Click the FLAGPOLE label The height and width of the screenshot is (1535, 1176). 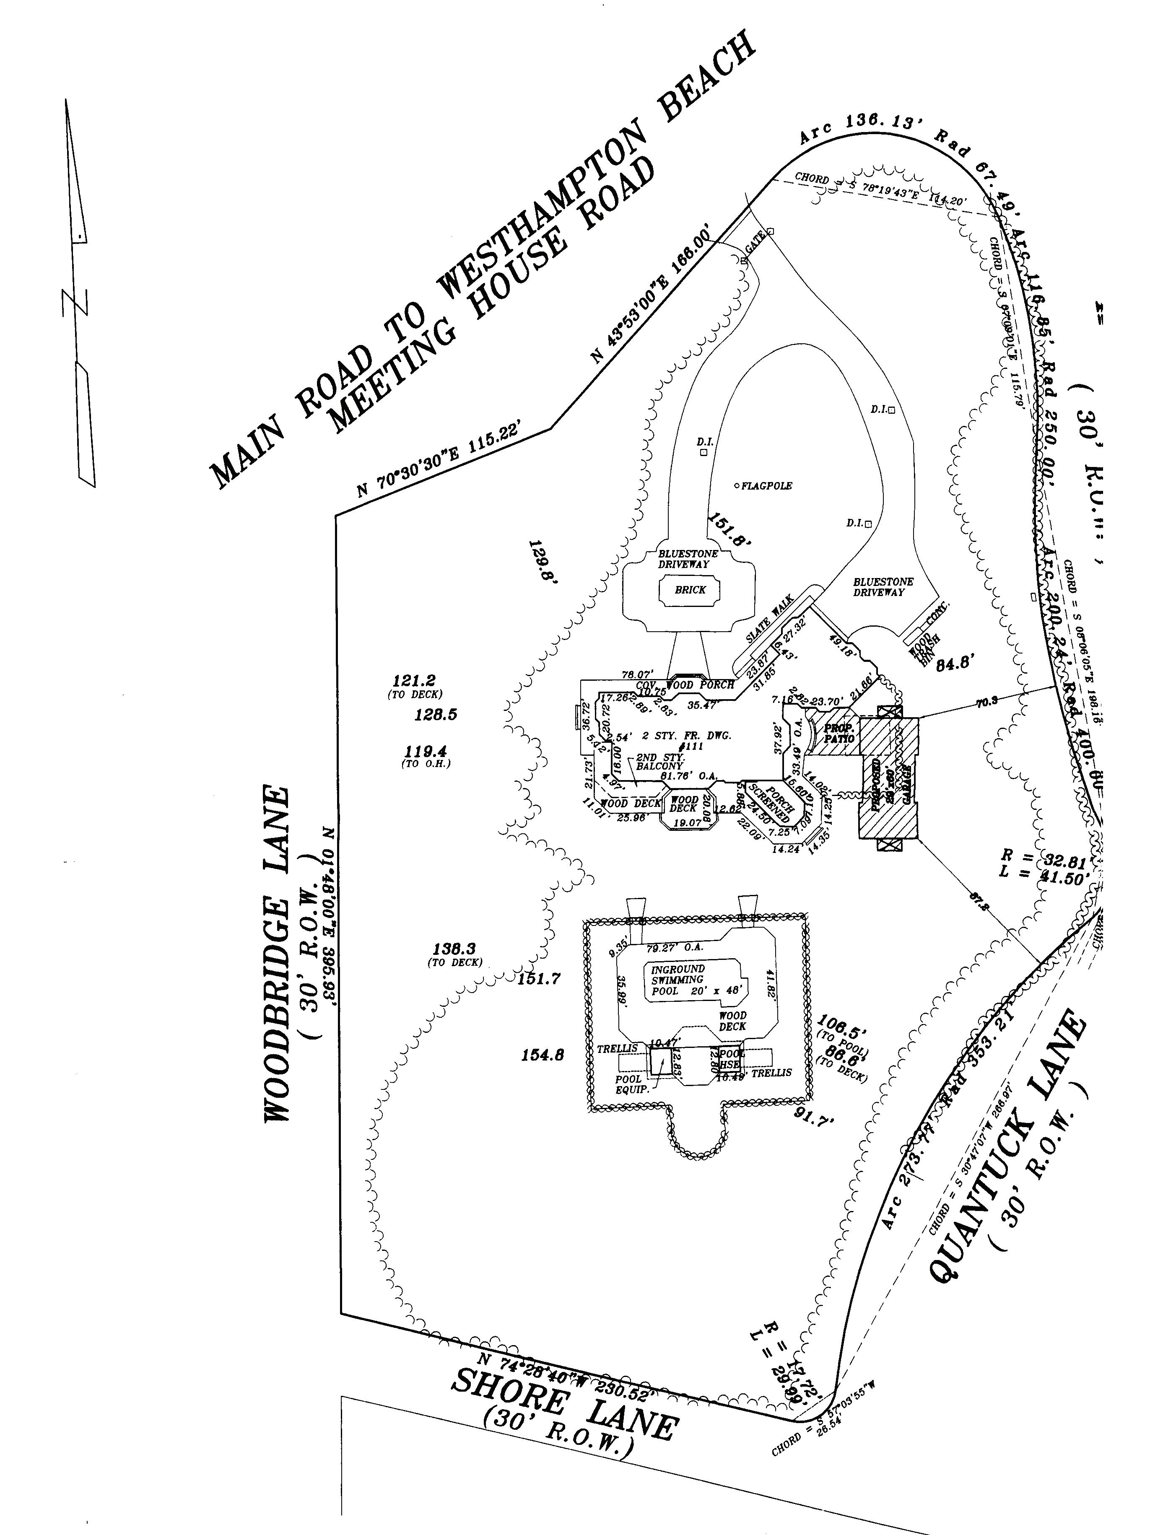coord(766,486)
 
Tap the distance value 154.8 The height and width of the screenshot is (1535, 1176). coord(543,1055)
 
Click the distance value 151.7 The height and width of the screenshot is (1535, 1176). coord(539,978)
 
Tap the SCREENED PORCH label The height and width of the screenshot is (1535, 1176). coord(768,804)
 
